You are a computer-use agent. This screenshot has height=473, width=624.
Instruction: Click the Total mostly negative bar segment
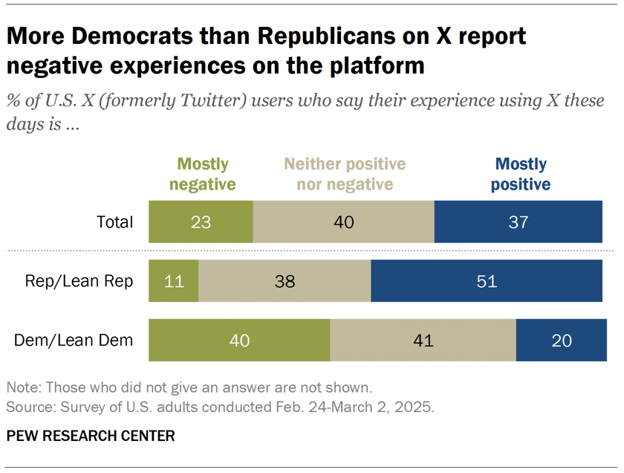[201, 222]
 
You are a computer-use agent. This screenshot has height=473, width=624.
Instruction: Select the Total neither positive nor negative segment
[343, 222]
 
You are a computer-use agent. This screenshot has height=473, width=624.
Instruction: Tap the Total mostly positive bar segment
[519, 222]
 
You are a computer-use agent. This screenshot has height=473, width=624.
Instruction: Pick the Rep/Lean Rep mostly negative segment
[174, 281]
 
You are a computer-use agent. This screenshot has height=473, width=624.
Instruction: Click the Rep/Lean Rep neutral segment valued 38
[285, 281]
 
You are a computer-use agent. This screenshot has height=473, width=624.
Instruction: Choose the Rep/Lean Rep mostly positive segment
[487, 281]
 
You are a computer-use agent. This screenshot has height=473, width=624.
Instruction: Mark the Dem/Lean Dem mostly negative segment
[239, 341]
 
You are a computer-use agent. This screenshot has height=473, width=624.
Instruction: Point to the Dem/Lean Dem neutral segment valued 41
[423, 341]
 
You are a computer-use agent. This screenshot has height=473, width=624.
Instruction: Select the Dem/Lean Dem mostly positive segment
[562, 341]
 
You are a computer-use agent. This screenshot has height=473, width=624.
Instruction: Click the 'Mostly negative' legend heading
[203, 174]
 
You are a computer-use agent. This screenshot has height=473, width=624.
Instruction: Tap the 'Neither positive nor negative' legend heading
[345, 174]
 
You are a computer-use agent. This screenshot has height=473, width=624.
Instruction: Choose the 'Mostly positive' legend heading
[521, 174]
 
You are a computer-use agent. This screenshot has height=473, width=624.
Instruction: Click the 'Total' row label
[115, 222]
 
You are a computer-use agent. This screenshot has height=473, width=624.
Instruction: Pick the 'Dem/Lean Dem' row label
[74, 341]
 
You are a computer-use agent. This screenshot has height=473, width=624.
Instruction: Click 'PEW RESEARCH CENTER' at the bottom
[91, 436]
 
